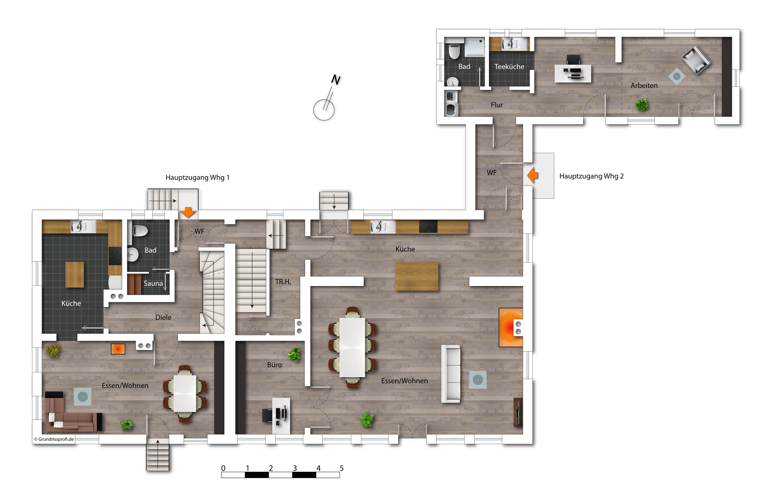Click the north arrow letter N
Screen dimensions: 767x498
tap(336, 80)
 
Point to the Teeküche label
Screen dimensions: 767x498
tap(509, 66)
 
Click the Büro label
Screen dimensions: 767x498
tap(274, 365)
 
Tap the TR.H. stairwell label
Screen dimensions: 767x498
tap(283, 282)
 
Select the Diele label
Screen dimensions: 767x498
tap(163, 317)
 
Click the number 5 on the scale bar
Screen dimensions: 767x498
tap(342, 468)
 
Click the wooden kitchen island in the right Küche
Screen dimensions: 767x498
tap(417, 276)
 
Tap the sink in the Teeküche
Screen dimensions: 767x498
tap(515, 44)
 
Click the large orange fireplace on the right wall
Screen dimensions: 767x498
tap(511, 327)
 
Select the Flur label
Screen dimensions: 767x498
tap(497, 105)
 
